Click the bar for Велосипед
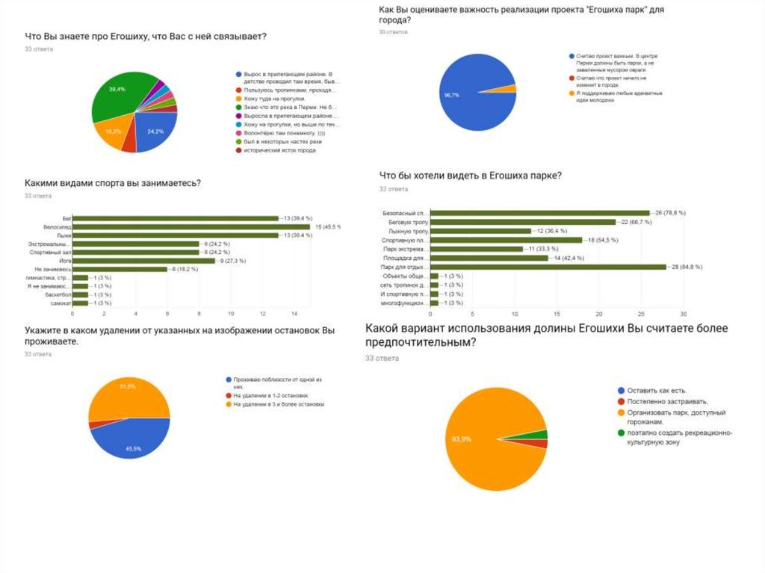coord(191,226)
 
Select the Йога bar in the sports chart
coord(143,261)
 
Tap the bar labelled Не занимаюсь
coord(120,269)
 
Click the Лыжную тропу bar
coord(480,231)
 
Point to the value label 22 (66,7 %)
coord(634,222)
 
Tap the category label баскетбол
coord(56,294)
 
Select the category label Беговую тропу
coord(407,222)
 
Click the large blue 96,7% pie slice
coord(467,93)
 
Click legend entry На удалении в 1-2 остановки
coord(270,395)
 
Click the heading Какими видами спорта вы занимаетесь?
coord(113,183)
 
